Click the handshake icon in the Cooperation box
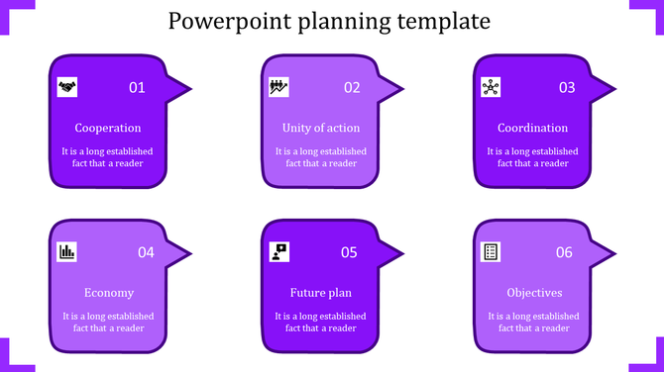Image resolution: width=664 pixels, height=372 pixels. pos(67,87)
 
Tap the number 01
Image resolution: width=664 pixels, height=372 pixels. pos(137,88)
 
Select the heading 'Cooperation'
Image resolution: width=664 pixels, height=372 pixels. pos(108,128)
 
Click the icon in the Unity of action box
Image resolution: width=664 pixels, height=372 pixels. pos(278,87)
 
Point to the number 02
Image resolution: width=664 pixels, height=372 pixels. pos(352,88)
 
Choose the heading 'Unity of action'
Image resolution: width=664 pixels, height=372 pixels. pos(320,128)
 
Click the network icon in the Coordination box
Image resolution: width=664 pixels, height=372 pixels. pos(490,87)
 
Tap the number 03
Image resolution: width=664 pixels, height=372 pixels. pos(567,88)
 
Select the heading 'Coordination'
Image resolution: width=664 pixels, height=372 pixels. pos(532,128)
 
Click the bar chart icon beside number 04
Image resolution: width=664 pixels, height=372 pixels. pos(67,251)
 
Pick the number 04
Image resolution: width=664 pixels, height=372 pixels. pos(146,252)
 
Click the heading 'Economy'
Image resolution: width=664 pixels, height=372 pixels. pos(108,293)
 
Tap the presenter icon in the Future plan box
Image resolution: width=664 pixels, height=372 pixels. pos(279,251)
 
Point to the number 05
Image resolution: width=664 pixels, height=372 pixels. pos(349,252)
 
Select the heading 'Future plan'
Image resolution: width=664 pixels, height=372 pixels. pos(320,293)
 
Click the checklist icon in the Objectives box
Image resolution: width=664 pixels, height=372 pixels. pos(490,251)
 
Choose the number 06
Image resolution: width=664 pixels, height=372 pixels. pos(564,252)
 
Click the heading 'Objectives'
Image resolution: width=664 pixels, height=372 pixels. pos(534,293)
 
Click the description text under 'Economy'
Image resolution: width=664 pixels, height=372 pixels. pos(108,323)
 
